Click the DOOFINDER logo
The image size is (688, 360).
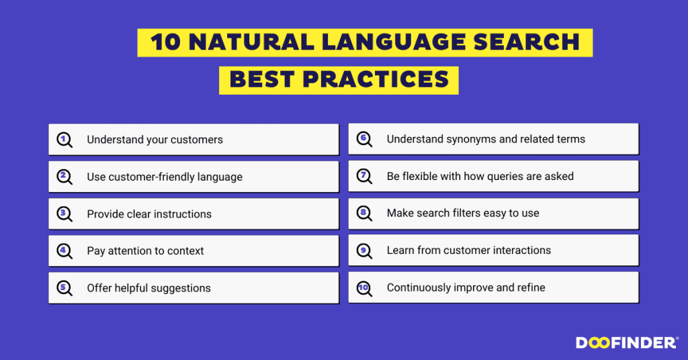point(626,343)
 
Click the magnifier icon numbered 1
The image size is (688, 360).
point(64,140)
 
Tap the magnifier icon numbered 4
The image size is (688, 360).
point(64,251)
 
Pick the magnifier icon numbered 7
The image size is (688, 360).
point(364,177)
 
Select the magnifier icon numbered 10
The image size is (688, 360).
point(364,288)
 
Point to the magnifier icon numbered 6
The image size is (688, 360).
point(364,140)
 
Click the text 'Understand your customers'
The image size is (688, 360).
point(155,140)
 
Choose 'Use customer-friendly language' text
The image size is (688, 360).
point(165,177)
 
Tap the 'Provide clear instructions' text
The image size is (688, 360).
point(149,214)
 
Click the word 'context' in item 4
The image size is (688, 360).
point(182,251)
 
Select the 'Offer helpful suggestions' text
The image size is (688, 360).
point(148,288)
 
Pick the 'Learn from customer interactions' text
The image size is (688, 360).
point(468,251)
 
